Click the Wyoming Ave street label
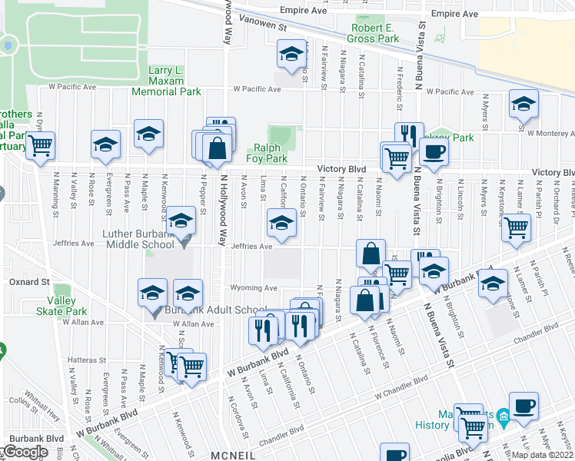coord(253,288)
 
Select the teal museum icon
coord(504,419)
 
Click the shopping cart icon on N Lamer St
coord(517,227)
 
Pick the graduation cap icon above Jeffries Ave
coord(281,223)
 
